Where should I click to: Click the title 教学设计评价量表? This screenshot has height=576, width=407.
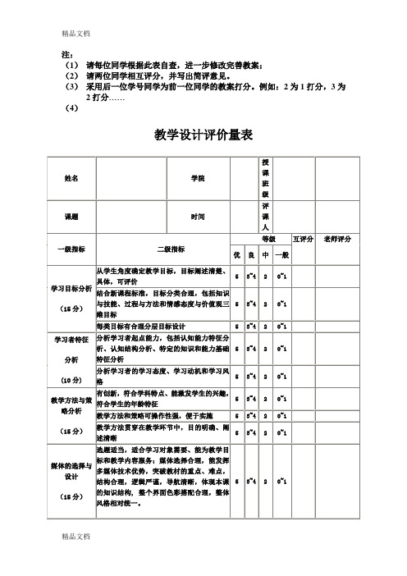(x=203, y=135)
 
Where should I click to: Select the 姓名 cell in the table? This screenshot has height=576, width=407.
(x=72, y=178)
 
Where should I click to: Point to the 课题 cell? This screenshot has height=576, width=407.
(x=72, y=217)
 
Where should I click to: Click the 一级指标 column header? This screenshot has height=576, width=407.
(x=72, y=249)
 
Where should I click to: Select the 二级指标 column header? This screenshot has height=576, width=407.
(x=171, y=249)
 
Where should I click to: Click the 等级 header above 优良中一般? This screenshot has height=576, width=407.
(x=268, y=240)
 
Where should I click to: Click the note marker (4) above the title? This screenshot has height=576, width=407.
(x=71, y=108)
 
